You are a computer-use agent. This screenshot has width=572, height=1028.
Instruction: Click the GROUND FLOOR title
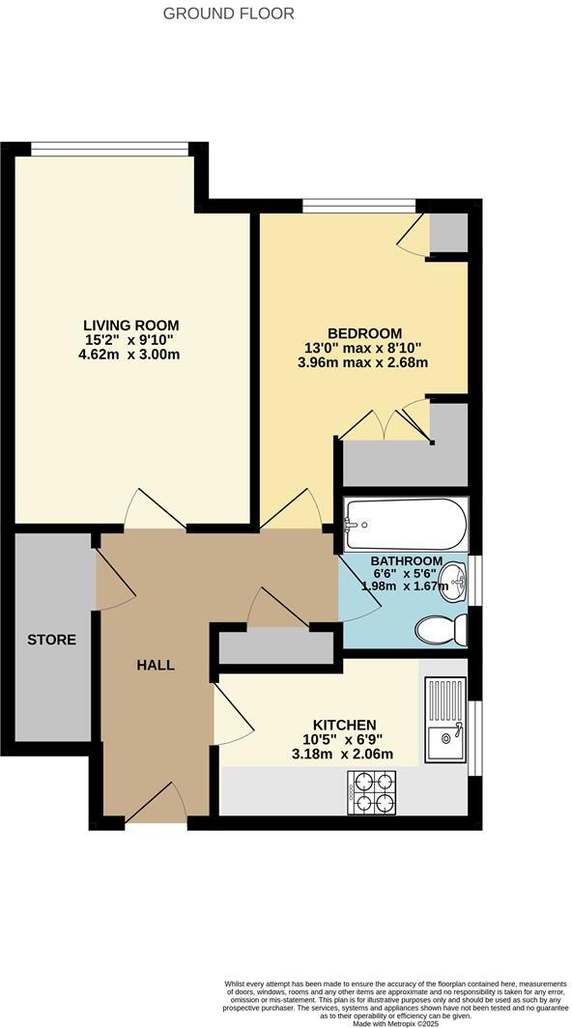229,14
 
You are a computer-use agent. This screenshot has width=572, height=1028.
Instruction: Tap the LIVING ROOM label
130,325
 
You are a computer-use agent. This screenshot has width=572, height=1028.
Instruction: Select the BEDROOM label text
364,332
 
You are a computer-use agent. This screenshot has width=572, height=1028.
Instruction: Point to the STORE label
51,640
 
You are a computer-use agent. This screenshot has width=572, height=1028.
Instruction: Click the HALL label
156,665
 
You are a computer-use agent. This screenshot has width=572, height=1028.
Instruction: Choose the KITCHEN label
344,725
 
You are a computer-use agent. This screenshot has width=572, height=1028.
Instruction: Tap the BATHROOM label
407,561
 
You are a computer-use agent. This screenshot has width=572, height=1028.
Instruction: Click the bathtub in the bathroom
405,525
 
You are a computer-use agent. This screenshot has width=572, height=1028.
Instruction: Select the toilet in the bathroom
441,631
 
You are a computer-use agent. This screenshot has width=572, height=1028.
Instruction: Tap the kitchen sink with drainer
446,720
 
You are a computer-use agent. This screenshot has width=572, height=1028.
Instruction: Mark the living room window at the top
109,148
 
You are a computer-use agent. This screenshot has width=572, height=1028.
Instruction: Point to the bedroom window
358,205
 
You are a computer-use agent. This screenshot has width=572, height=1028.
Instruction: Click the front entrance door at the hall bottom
157,805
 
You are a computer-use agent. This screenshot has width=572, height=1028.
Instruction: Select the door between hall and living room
155,510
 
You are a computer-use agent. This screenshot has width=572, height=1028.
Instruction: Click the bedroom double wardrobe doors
384,425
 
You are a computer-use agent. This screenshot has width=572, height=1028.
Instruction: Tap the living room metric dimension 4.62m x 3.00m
130,355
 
